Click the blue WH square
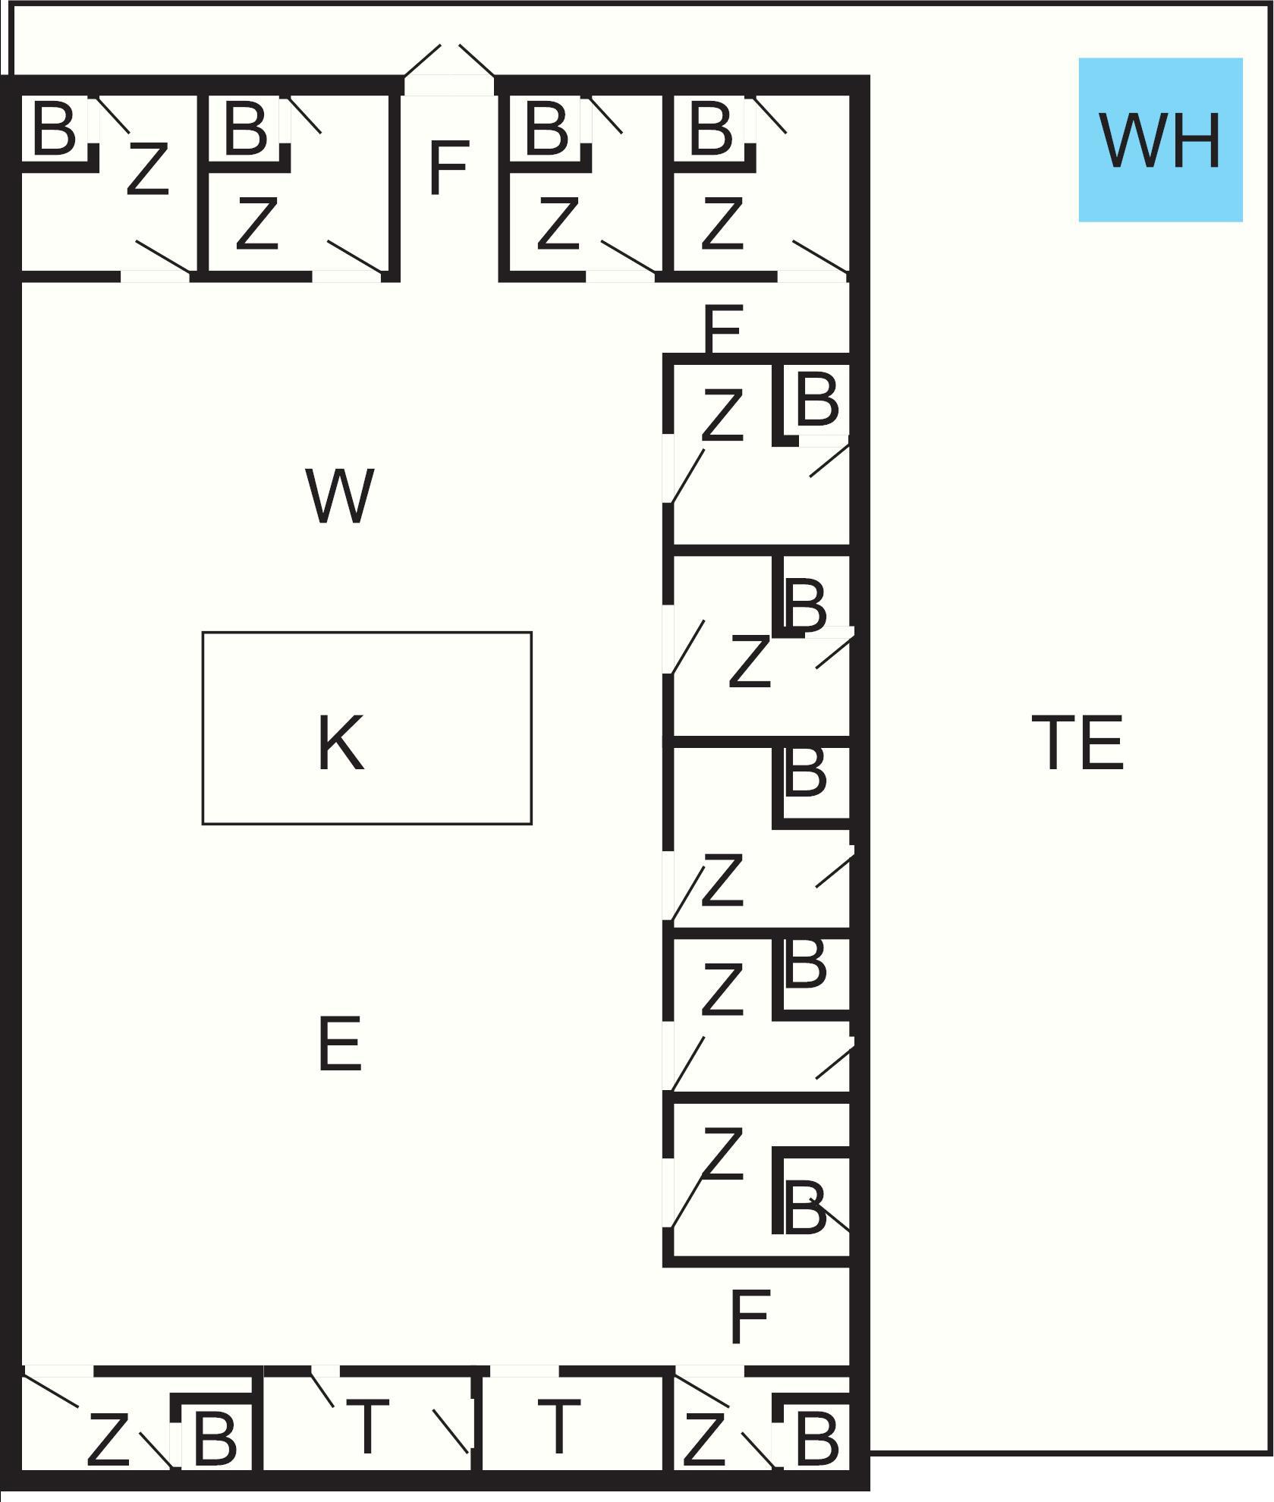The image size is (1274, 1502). click(1160, 140)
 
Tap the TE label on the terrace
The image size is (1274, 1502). click(1077, 743)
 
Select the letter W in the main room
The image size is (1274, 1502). click(339, 496)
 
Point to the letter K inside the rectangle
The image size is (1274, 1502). click(340, 743)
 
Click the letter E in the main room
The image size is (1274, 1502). click(339, 1045)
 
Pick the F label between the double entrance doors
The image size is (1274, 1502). click(448, 168)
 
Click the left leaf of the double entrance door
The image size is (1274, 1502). click(423, 61)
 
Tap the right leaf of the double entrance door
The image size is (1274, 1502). click(477, 61)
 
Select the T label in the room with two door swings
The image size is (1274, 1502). click(368, 1425)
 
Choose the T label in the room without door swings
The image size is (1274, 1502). click(558, 1425)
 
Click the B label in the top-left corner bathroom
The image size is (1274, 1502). click(55, 128)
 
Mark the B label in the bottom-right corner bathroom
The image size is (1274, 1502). click(816, 1437)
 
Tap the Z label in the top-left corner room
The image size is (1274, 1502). click(146, 169)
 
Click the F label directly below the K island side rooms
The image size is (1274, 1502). click(749, 1317)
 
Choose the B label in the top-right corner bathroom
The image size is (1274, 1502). click(712, 128)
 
